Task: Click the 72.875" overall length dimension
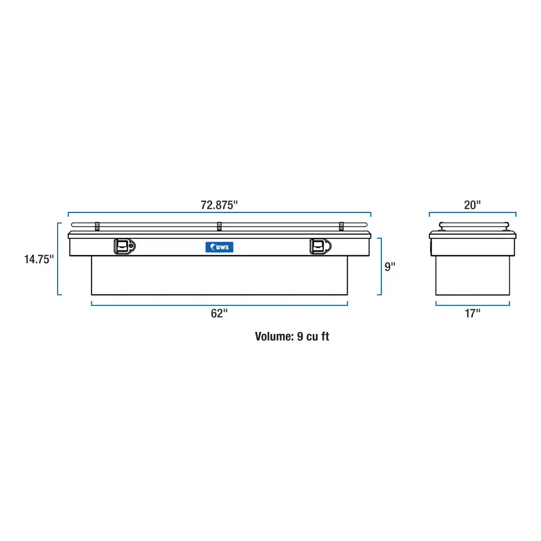coord(219,205)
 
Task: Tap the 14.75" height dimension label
coord(39,259)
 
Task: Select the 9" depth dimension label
coord(390,266)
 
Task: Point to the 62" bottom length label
coord(219,313)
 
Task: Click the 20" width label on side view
coord(472,205)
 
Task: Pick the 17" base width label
coord(472,313)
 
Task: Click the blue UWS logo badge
coord(219,247)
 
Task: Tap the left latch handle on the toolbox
coord(125,246)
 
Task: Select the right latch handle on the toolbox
coord(321,246)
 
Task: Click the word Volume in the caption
coord(274,337)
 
